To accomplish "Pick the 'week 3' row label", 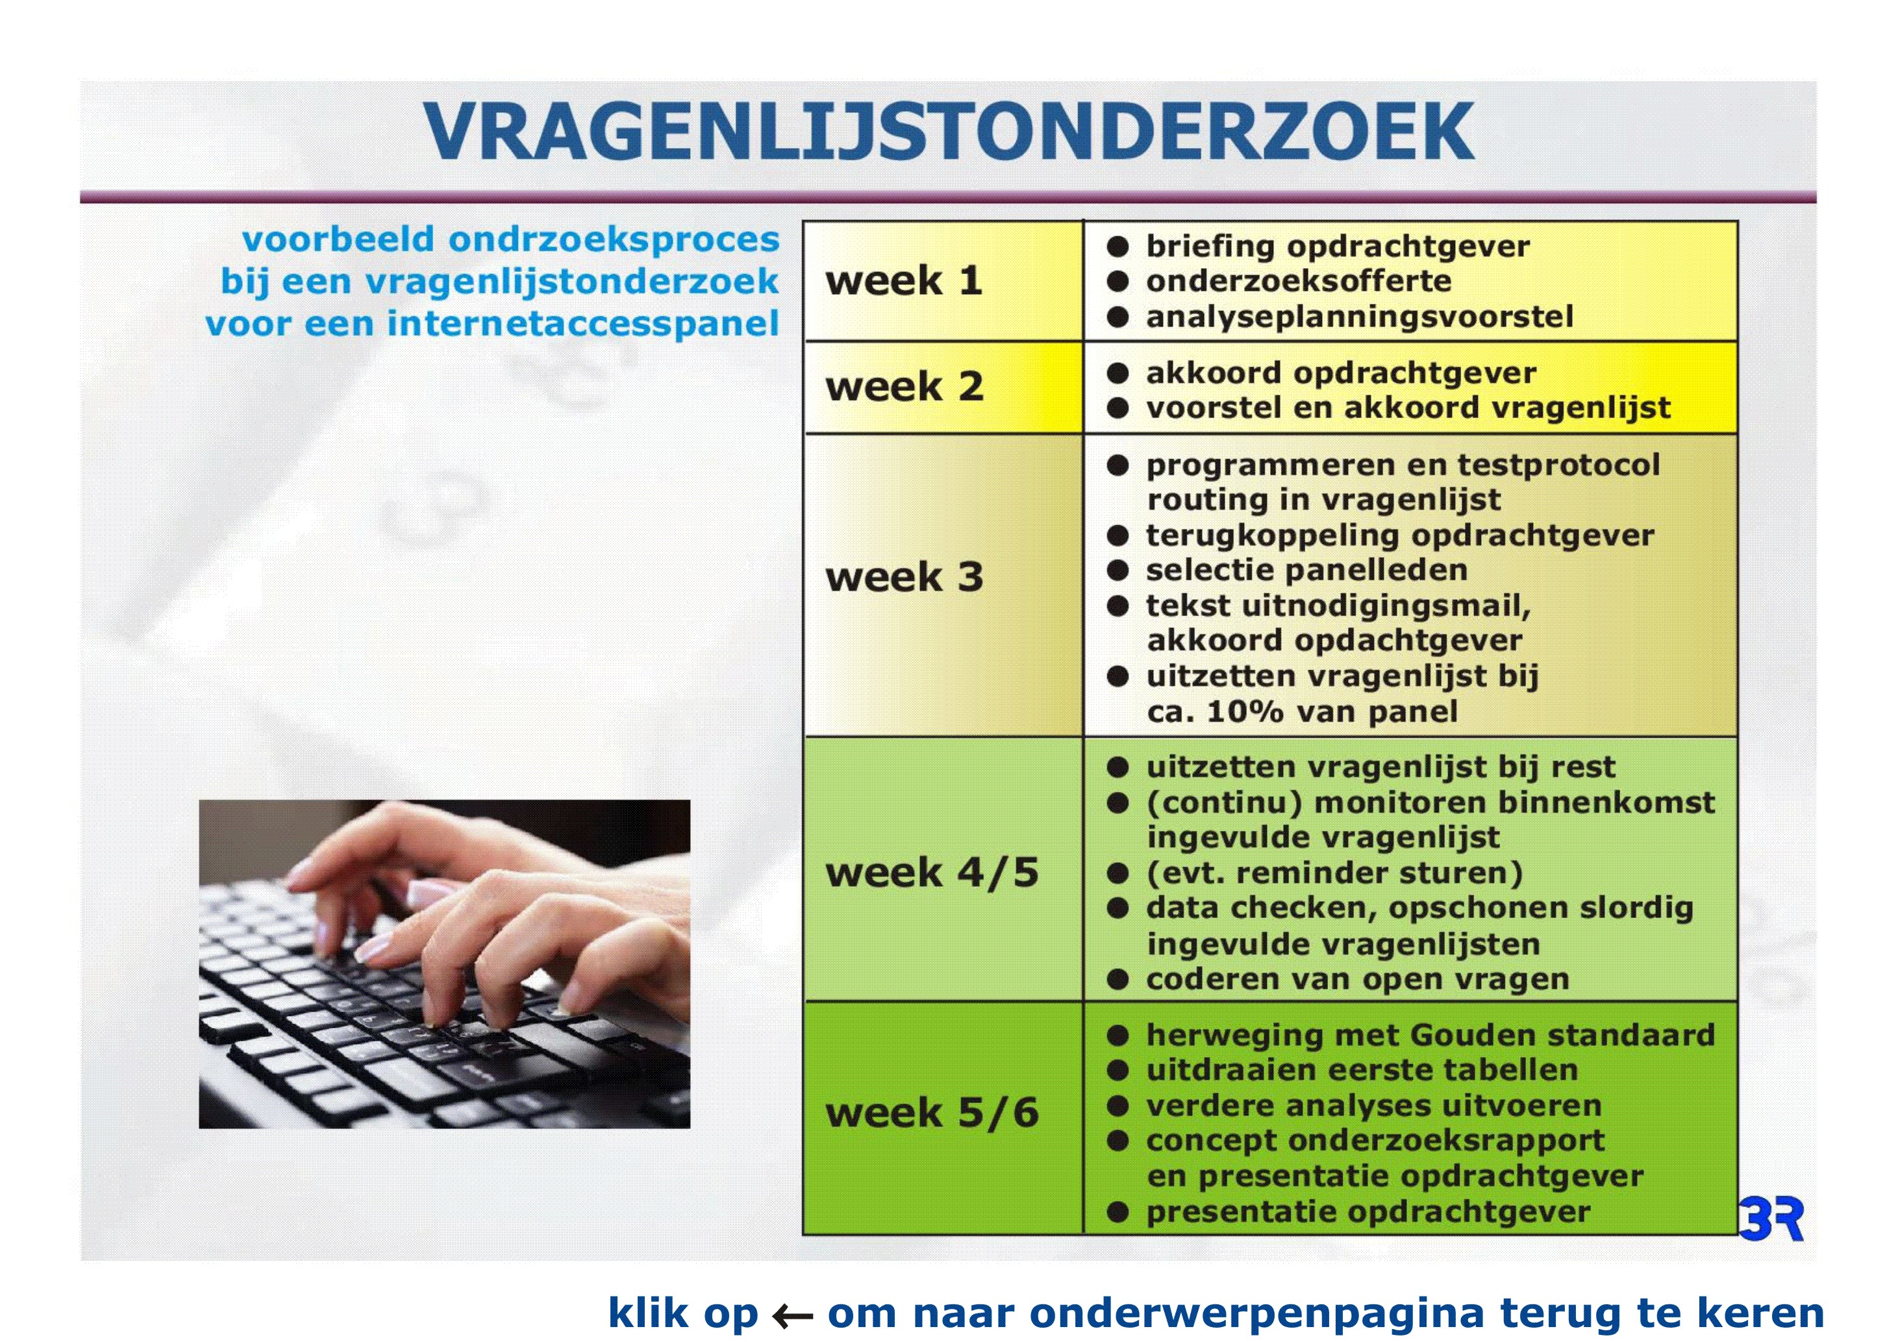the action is pos(905,577).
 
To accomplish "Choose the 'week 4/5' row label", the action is pos(932,873).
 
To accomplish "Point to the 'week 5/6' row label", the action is pos(932,1112).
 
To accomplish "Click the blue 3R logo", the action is pos(1771,1217).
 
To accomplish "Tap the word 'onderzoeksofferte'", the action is pos(1298,281).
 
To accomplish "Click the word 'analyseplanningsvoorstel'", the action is pos(1359,316).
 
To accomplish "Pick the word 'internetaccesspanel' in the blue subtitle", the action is pos(583,323).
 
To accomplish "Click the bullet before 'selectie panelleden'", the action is pos(1118,570).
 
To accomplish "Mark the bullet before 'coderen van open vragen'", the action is pos(1118,980).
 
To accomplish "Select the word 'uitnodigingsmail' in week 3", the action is pos(1386,606).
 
